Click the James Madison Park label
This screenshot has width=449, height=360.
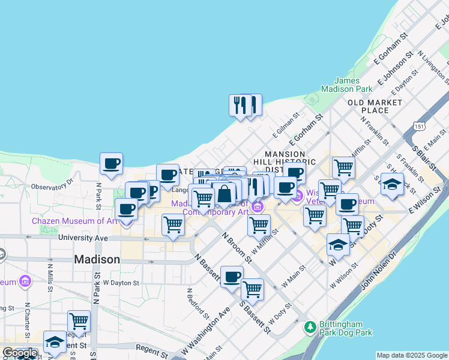[347, 85]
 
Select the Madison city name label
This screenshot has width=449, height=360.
[97, 259]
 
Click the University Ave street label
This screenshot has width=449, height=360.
[83, 238]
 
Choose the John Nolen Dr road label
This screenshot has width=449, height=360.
[379, 277]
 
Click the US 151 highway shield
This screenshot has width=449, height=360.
[420, 125]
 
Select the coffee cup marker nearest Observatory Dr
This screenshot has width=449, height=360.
[111, 163]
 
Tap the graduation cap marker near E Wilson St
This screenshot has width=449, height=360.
[392, 184]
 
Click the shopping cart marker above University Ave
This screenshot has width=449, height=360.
[173, 225]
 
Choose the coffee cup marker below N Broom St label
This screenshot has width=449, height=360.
[232, 277]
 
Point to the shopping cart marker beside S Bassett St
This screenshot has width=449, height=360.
[253, 289]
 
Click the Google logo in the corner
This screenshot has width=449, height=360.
[20, 353]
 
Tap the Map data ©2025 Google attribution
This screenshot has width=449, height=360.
[412, 355]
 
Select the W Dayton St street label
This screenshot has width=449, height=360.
[121, 282]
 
